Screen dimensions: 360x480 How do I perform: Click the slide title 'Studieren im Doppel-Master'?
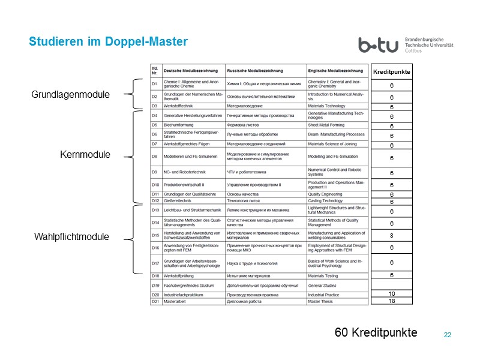click(109, 42)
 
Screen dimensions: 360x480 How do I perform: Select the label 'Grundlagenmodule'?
click(70, 95)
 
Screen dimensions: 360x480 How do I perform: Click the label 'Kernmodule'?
click(85, 155)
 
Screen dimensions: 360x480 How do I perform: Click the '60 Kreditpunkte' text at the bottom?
click(376, 332)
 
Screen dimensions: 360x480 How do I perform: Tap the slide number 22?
click(447, 334)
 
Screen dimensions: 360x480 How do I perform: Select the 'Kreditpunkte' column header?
click(391, 71)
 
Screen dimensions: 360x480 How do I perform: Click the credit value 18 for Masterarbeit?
click(391, 301)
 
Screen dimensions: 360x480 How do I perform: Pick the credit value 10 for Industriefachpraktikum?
click(391, 293)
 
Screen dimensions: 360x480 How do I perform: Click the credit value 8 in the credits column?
click(391, 236)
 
